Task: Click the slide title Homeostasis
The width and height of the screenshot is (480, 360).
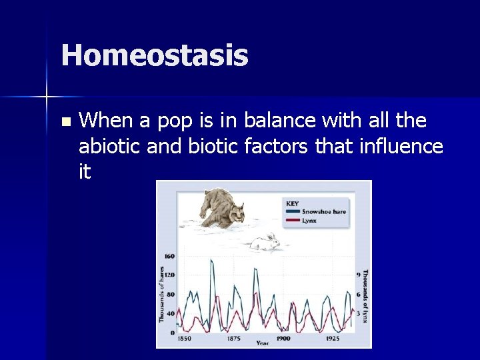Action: (x=155, y=55)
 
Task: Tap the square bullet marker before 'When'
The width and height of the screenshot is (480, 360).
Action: (x=65, y=122)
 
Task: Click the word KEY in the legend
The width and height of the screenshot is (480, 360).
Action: (x=292, y=203)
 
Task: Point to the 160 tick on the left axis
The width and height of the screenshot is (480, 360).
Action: (x=169, y=255)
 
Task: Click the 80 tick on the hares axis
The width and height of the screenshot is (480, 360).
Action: (x=170, y=294)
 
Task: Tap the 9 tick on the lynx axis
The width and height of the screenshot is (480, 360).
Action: (x=359, y=274)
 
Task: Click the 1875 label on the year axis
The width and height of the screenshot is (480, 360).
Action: (x=233, y=338)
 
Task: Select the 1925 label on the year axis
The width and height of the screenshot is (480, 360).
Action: (x=333, y=338)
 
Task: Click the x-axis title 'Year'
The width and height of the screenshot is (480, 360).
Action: (x=263, y=343)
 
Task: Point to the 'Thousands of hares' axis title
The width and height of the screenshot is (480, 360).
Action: (x=161, y=295)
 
